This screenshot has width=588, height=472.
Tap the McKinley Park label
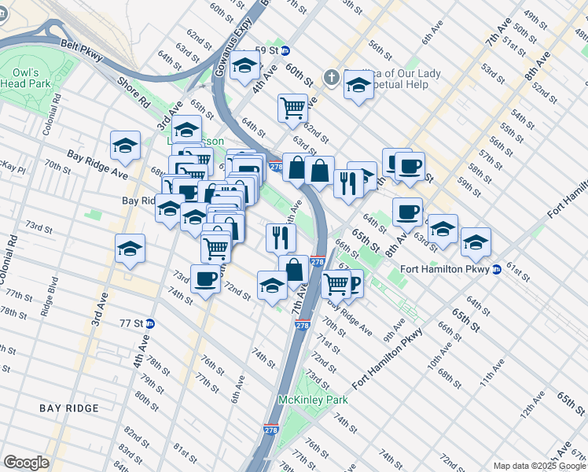pos(313,400)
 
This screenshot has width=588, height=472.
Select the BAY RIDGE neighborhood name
pos(69,408)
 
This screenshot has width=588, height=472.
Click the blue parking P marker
pos(353,283)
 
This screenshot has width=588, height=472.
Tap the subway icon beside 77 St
pos(149,323)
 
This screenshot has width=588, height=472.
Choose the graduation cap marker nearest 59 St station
pos(245,66)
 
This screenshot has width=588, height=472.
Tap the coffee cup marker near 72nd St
pos(205,278)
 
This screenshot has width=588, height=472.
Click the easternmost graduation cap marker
pos(476,243)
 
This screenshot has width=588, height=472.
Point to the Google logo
pos(26,463)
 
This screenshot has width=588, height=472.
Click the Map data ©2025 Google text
pos(538,466)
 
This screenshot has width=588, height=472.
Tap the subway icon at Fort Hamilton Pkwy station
pos(496,270)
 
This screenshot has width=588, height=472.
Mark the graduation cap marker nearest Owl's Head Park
pos(124,146)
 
